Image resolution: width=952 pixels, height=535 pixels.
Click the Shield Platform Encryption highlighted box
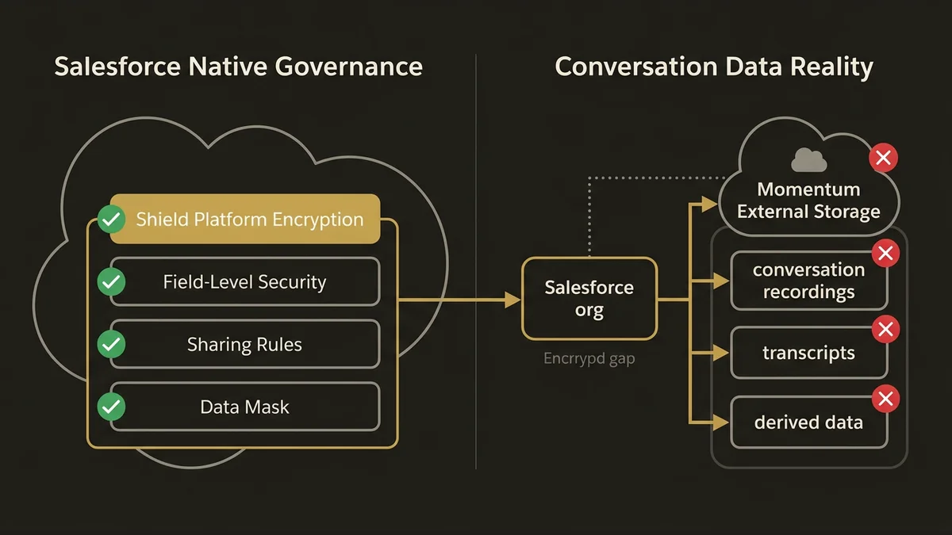coord(245,219)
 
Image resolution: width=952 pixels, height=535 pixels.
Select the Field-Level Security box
coord(245,281)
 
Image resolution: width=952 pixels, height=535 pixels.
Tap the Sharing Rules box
coord(245,345)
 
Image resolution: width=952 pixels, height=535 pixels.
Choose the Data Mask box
coord(245,407)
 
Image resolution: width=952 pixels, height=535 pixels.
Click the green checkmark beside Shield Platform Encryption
coord(111,219)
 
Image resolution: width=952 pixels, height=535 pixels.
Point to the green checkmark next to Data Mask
coord(111,407)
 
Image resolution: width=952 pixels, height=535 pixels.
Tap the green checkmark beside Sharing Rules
coord(111,345)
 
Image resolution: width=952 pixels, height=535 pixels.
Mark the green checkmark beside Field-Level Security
coord(111,281)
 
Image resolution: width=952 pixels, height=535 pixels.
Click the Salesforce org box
coord(589,299)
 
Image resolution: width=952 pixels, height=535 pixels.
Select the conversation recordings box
coord(808,281)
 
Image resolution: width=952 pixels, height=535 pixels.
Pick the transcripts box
coord(808,353)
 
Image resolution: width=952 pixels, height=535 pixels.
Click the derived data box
coord(808,422)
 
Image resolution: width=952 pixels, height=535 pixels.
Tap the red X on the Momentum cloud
coord(883,158)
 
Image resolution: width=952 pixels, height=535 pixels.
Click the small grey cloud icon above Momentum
coord(808,161)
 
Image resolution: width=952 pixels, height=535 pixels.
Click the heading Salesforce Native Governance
coord(238,67)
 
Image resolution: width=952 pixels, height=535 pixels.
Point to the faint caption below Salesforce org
coord(589,358)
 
